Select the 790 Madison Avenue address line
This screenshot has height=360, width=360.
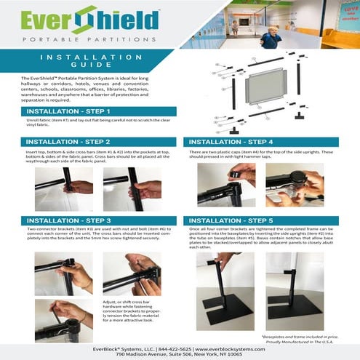pyautogui.click(x=180, y=349)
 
